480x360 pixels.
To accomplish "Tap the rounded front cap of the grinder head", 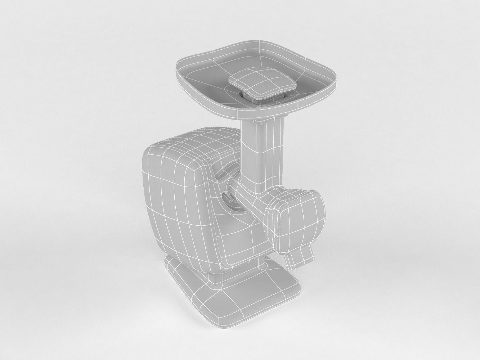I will (x=299, y=223).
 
